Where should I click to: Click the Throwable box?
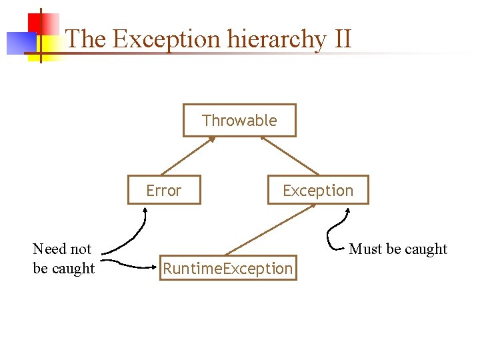click(x=239, y=121)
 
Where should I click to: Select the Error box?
click(x=164, y=191)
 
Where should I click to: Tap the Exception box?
click(x=317, y=191)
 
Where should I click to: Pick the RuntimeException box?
click(x=228, y=269)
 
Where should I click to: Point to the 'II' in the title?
click(x=341, y=39)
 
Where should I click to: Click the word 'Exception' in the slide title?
click(x=166, y=39)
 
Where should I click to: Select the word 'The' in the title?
click(x=86, y=39)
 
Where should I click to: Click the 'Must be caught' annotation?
click(x=398, y=249)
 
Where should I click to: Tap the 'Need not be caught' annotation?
click(x=63, y=259)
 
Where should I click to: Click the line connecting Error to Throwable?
click(x=188, y=156)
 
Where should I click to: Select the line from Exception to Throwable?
click(x=290, y=156)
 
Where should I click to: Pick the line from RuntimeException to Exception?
click(x=270, y=229)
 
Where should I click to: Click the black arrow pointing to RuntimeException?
click(x=130, y=265)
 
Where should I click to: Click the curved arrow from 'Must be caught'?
click(x=331, y=233)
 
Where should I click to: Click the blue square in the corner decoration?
click(x=19, y=43)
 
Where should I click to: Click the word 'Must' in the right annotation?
click(x=364, y=249)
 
